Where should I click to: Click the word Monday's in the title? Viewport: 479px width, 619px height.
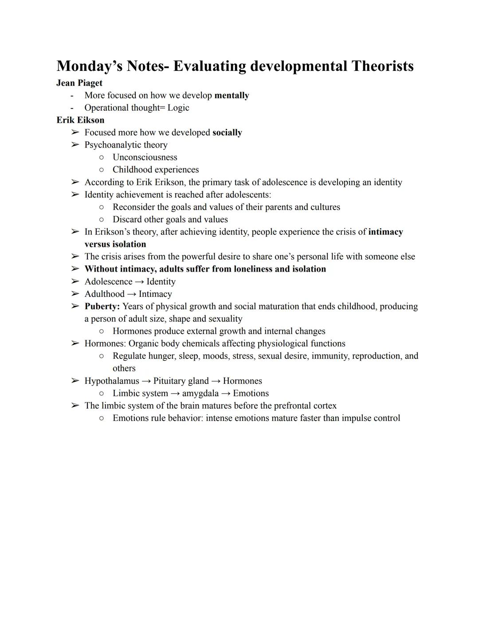pos(89,66)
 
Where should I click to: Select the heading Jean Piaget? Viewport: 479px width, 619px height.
pos(79,83)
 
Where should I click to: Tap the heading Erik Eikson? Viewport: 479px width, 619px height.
pos(80,120)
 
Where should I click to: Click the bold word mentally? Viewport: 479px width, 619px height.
pos(232,95)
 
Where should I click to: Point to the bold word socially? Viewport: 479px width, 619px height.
pos(227,132)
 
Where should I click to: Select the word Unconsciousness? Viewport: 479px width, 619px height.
pos(145,157)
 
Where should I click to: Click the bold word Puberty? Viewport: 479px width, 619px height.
pos(102,306)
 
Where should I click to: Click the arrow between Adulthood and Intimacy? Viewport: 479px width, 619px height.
pos(132,294)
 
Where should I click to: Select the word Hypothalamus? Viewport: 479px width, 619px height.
pos(112,381)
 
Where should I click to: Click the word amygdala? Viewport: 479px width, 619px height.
pos(200,393)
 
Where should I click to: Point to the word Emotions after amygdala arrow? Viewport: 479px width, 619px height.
pos(251,393)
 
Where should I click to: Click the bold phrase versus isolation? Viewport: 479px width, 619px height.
pos(115,244)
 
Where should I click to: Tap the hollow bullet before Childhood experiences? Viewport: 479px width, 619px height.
pos(102,170)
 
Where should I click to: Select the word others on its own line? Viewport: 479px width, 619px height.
pos(124,368)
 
